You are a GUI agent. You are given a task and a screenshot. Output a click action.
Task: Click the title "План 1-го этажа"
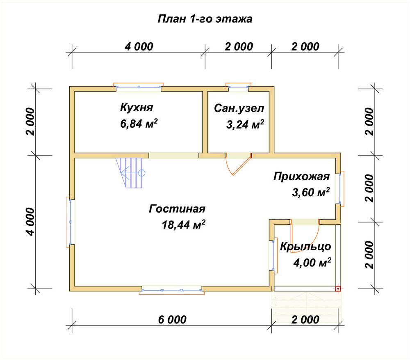(205, 19)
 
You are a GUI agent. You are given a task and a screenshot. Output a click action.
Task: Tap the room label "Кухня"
(137, 108)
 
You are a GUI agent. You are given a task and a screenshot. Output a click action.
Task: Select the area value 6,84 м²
(139, 123)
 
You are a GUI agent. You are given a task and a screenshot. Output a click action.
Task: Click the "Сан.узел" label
(239, 108)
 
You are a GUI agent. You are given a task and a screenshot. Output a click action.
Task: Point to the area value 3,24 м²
(245, 124)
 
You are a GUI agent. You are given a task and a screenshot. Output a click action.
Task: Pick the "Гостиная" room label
(177, 209)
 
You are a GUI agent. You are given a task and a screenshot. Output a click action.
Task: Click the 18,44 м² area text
(183, 225)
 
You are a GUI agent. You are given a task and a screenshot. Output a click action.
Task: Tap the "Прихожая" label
(301, 177)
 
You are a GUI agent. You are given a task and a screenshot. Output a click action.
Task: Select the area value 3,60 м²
(311, 193)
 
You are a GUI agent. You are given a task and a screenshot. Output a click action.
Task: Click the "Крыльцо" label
(305, 247)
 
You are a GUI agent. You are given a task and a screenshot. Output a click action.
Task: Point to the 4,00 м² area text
(312, 262)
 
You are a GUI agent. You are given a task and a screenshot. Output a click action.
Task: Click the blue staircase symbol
(130, 173)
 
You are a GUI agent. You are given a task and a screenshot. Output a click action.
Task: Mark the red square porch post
(338, 289)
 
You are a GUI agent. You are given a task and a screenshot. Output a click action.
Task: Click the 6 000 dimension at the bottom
(172, 319)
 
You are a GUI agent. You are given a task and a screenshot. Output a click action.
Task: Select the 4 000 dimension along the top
(139, 47)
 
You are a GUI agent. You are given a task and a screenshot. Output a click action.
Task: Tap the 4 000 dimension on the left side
(30, 222)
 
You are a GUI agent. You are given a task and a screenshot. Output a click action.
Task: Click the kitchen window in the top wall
(139, 87)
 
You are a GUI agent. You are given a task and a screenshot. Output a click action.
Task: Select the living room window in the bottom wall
(172, 290)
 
